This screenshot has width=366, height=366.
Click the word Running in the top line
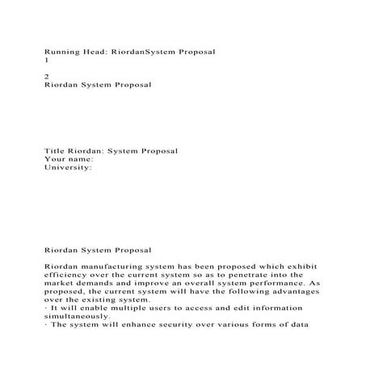pyautogui.click(x=63, y=51)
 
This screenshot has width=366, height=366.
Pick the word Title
pyautogui.click(x=55, y=151)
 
